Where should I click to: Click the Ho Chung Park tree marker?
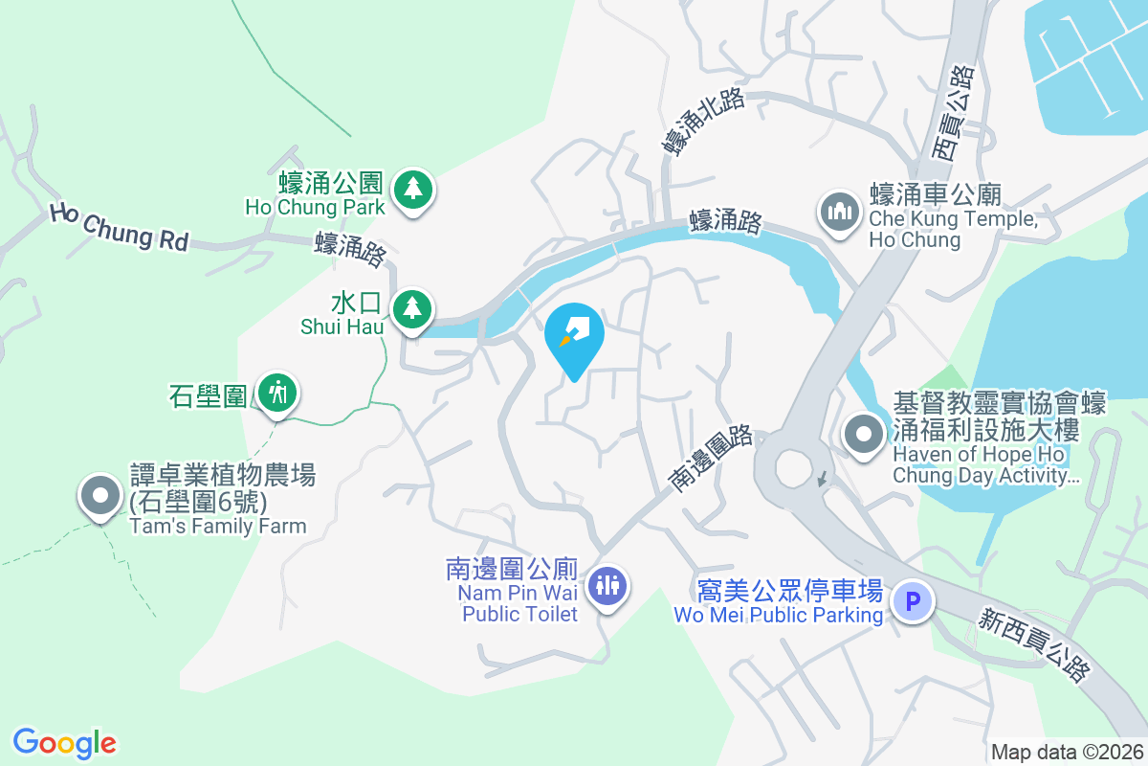412,189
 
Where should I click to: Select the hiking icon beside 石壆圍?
278,393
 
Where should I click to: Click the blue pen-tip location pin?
574,336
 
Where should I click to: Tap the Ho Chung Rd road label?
119,226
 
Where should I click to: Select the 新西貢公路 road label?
1033,647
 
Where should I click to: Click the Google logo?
64,743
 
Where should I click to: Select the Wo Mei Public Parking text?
778,615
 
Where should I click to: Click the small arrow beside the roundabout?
820,477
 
